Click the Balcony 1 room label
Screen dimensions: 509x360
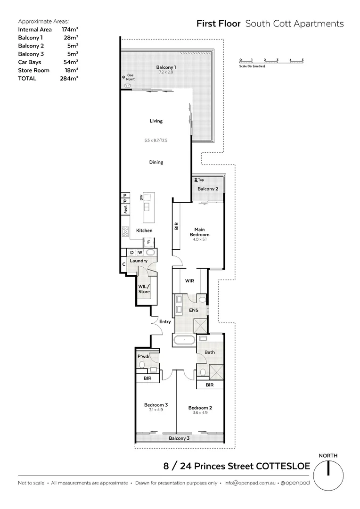[x=166, y=67]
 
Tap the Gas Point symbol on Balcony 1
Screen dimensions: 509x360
[x=123, y=77]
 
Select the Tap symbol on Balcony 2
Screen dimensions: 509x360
[x=195, y=180]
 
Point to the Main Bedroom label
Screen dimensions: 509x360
[x=199, y=232]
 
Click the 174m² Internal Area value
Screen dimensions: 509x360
[x=70, y=29]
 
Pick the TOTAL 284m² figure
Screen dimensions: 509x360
[x=70, y=78]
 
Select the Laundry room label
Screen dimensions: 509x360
[x=139, y=261]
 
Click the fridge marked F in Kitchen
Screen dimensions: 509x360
[x=149, y=243]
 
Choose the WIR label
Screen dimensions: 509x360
[x=190, y=281]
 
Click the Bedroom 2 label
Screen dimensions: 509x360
[x=200, y=408]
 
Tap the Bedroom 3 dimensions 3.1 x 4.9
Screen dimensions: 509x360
[x=155, y=410]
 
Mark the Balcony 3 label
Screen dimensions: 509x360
[x=179, y=439]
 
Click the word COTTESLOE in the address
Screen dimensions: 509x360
[x=283, y=467]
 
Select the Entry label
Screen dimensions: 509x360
[x=165, y=321]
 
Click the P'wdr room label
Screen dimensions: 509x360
[x=143, y=356]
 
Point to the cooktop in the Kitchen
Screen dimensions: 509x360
[x=126, y=231]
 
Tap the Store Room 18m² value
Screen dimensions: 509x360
[x=70, y=70]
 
